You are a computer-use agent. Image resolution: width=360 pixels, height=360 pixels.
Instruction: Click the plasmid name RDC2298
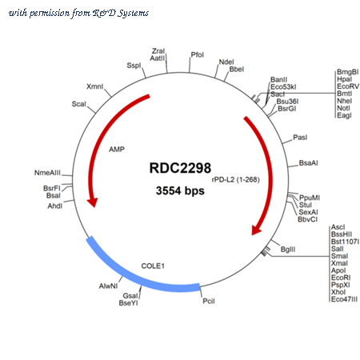(180, 168)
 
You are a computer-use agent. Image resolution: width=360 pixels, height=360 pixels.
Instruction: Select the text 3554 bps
(180, 190)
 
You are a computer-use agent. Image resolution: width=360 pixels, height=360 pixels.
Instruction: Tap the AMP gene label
(117, 150)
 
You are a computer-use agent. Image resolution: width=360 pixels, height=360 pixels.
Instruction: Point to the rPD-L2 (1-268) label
(235, 179)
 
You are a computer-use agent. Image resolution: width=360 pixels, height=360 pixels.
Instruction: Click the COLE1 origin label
(153, 266)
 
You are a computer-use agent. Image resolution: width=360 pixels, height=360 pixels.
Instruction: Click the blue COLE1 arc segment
(134, 278)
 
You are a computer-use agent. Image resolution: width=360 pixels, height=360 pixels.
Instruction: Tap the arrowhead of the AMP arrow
(93, 202)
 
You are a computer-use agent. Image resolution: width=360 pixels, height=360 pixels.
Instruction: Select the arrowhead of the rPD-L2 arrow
(256, 230)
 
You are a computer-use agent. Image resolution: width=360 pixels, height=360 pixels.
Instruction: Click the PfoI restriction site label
(198, 55)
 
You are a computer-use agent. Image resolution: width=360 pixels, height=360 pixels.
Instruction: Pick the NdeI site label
(226, 62)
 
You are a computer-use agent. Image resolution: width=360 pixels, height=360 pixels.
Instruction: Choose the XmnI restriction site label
(94, 86)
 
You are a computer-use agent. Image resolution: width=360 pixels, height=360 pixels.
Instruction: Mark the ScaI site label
(79, 104)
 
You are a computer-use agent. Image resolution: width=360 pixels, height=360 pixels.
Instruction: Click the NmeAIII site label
(47, 173)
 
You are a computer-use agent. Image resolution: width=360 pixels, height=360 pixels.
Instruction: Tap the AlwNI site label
(108, 286)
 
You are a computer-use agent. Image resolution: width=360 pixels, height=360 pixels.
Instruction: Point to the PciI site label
(209, 301)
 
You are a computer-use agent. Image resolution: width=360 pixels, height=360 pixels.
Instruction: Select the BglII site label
(288, 250)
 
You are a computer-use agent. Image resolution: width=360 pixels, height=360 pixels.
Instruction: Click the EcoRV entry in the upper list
(348, 86)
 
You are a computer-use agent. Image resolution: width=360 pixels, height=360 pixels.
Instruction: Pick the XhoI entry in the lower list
(338, 292)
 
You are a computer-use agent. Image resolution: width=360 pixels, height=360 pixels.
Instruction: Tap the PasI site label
(300, 138)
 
